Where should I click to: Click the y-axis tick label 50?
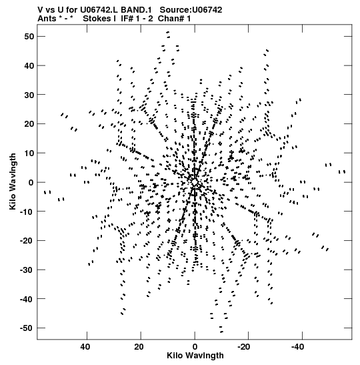click(29, 37)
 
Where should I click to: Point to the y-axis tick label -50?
click(27, 328)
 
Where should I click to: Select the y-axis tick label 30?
click(29, 95)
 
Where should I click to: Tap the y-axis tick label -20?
click(27, 240)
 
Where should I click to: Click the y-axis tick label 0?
click(31, 183)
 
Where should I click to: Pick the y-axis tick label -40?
click(27, 299)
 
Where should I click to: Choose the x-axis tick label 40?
click(85, 347)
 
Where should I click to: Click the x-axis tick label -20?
click(246, 347)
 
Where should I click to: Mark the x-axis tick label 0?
click(195, 347)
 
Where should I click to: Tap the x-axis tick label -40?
click(300, 347)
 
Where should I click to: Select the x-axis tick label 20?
click(139, 347)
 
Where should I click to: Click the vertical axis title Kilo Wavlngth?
click(13, 181)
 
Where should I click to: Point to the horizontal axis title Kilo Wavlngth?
click(195, 356)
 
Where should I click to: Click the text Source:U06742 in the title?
click(191, 10)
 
